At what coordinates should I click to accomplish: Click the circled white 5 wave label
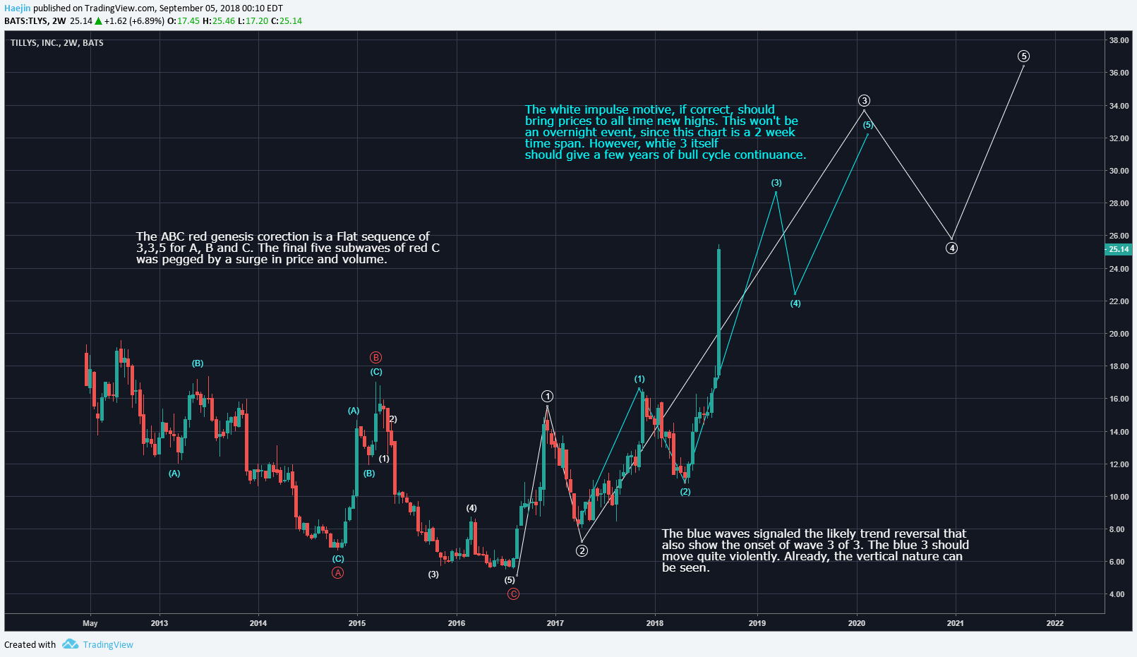[x=1023, y=56]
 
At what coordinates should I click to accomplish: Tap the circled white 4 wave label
[x=951, y=248]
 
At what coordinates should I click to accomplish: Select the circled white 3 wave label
[x=864, y=100]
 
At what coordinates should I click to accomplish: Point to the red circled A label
[x=338, y=572]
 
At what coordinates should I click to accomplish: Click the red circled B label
[x=376, y=357]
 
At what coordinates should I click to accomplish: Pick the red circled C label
[x=513, y=593]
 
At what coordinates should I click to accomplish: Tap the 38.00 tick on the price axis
[x=1119, y=40]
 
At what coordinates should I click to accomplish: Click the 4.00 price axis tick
[x=1117, y=594]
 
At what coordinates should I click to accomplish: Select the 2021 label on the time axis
[x=955, y=623]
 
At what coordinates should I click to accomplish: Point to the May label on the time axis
[x=90, y=623]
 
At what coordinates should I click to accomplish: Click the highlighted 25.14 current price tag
[x=1118, y=249]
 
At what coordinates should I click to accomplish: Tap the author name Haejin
[x=17, y=8]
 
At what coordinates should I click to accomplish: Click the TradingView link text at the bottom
[x=108, y=644]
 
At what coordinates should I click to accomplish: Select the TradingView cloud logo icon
[x=70, y=644]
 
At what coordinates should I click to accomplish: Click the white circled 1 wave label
[x=547, y=396]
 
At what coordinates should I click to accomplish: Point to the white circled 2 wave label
[x=582, y=550]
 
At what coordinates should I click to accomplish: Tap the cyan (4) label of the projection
[x=795, y=303]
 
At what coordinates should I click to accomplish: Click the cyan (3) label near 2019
[x=776, y=183]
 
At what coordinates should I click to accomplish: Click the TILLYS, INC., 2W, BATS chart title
[x=57, y=43]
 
